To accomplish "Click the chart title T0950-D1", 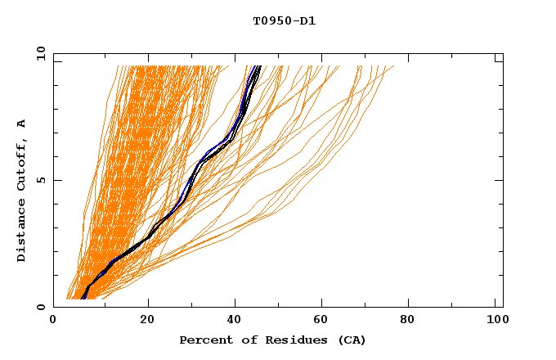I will tap(284, 20).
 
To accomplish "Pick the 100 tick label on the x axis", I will tap(495, 321).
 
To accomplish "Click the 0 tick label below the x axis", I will tap(53, 321).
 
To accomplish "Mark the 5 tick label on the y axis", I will tap(39, 180).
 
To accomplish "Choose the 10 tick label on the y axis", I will tap(37, 54).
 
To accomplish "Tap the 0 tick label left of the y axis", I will tap(39, 307).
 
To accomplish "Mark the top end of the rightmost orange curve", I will tap(393, 66).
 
